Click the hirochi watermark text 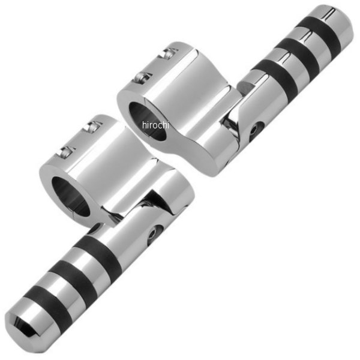click(x=156, y=125)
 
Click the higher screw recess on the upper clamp click(x=172, y=53)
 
